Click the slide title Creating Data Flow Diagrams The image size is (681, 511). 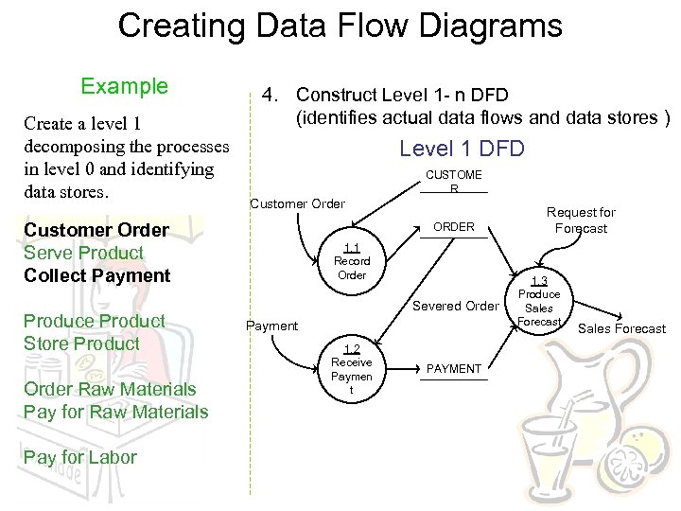click(x=340, y=26)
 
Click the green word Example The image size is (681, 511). click(x=124, y=87)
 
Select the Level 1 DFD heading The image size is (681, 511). click(x=462, y=149)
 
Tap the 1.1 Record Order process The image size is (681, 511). click(x=352, y=261)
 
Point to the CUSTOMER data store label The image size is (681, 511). click(x=454, y=181)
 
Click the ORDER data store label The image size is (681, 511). click(x=454, y=227)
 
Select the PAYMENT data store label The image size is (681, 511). click(x=455, y=368)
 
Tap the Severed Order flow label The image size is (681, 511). click(x=455, y=306)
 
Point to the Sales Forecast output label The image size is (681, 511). click(x=621, y=328)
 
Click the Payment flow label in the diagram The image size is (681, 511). click(x=271, y=326)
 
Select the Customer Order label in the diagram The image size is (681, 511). click(x=297, y=203)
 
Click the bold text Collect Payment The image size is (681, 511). click(x=96, y=275)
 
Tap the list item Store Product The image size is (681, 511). click(x=81, y=344)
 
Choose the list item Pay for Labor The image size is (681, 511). click(x=80, y=457)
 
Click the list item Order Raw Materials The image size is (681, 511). click(x=110, y=389)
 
